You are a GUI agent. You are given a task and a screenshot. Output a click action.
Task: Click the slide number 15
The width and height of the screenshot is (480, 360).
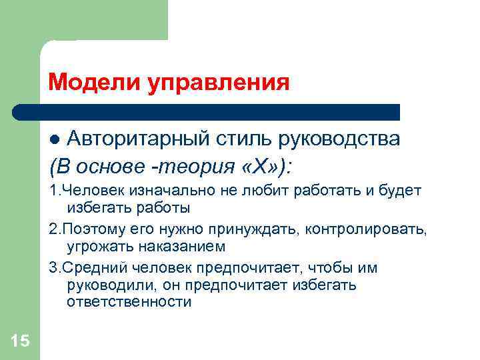[20, 341]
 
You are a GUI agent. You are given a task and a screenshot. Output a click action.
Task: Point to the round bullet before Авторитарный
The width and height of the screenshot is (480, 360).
[56, 140]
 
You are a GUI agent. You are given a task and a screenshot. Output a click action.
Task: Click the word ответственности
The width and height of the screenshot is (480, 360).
[129, 302]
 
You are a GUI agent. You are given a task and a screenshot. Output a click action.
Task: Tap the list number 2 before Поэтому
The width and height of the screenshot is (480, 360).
[53, 230]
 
